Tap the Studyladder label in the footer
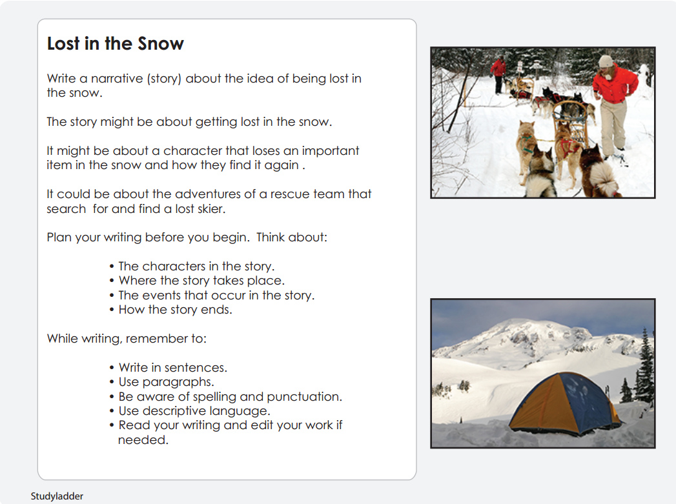(57, 496)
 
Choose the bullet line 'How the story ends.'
(175, 310)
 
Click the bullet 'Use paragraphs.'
(166, 382)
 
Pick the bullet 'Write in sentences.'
(172, 368)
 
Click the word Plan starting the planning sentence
(59, 237)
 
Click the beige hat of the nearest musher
(606, 61)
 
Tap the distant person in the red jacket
(498, 72)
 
